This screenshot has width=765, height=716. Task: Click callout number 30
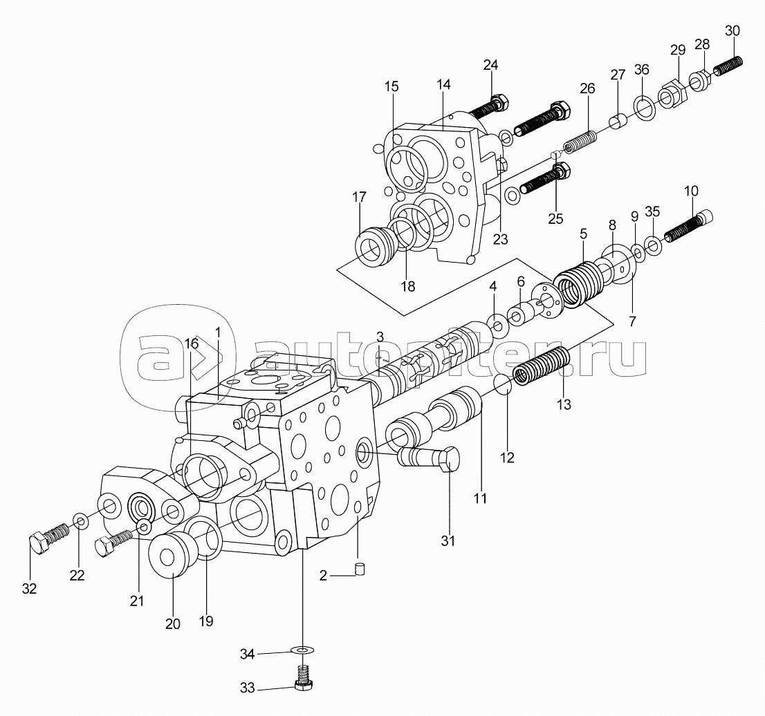tap(732, 30)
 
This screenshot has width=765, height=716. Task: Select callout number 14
tap(443, 84)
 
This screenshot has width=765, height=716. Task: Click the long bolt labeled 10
tap(688, 227)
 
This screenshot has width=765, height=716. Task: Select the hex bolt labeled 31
tap(428, 459)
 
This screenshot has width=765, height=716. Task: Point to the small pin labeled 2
tap(362, 569)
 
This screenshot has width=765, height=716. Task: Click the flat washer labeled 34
tap(302, 650)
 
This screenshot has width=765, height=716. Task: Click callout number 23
tap(500, 239)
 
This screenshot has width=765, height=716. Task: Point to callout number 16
tap(192, 343)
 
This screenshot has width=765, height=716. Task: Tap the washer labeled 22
tap(81, 521)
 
